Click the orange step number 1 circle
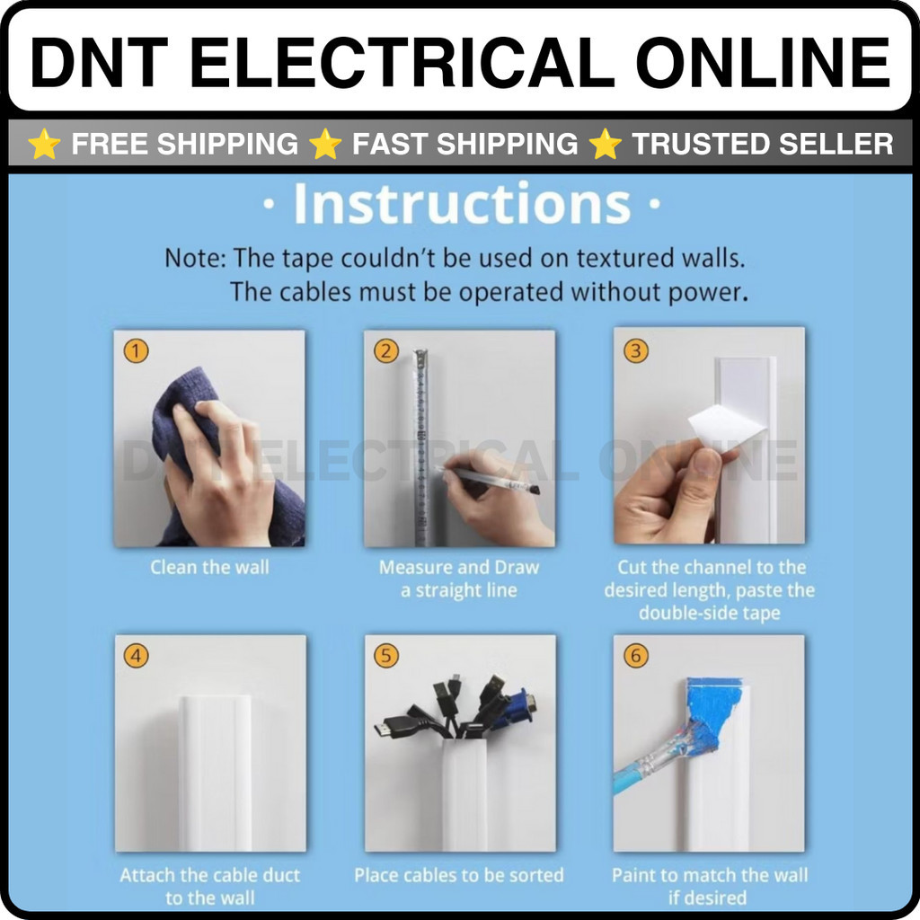tap(136, 351)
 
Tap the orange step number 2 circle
tap(386, 351)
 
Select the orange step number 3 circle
tap(635, 351)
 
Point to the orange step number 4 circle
tap(136, 655)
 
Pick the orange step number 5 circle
tap(386, 655)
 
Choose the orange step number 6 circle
tap(635, 655)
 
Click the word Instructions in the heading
tap(463, 203)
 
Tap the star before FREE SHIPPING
tap(44, 145)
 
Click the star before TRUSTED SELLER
tap(605, 145)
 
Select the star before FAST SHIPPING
tap(325, 145)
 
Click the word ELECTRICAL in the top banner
tap(402, 62)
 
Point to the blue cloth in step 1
tap(206, 446)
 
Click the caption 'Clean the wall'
tap(209, 568)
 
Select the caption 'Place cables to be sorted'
tap(459, 875)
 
